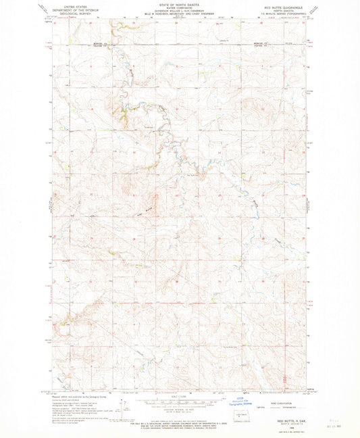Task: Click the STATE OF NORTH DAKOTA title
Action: point(179,4)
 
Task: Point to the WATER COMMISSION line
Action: point(179,7)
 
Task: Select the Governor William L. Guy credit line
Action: point(179,11)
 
